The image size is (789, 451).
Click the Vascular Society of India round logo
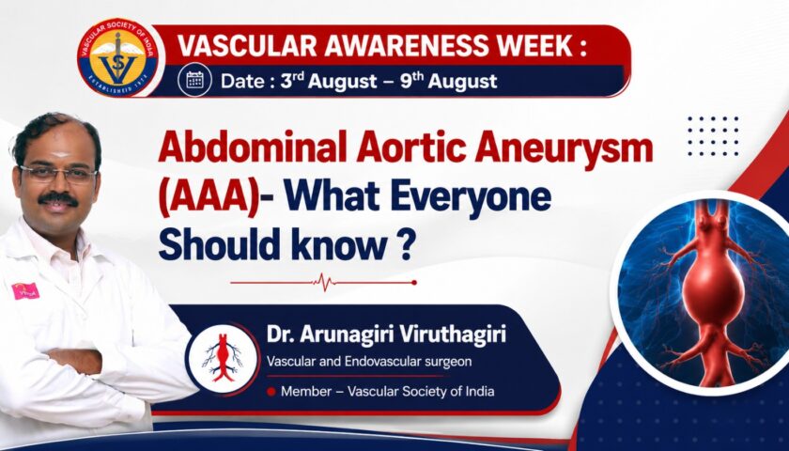(118, 57)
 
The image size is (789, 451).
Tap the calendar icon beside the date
(194, 80)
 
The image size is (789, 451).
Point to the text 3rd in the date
(291, 80)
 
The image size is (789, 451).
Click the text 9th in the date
(411, 80)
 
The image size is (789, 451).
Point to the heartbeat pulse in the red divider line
(323, 283)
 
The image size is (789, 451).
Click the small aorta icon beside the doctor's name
(223, 358)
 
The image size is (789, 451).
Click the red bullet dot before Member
(271, 391)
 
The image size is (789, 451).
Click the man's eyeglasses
(58, 174)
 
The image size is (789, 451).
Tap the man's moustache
(58, 199)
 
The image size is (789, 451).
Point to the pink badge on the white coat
(25, 291)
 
